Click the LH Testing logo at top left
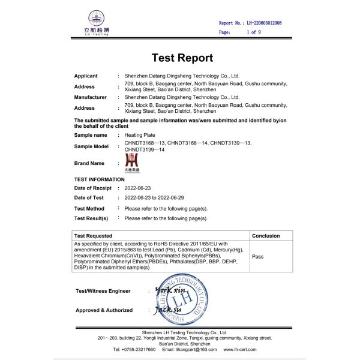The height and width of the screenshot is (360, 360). [x=96, y=24]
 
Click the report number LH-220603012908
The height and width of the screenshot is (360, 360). [x=264, y=23]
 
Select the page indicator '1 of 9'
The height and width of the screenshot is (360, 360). [x=253, y=32]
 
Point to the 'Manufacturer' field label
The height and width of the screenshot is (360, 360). [x=90, y=97]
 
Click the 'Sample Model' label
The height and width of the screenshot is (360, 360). [x=91, y=146]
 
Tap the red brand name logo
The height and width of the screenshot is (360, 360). [x=132, y=161]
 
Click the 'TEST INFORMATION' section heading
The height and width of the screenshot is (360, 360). [x=99, y=179]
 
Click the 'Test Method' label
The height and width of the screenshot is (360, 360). [x=89, y=208]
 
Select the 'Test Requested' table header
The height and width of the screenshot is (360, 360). [x=93, y=236]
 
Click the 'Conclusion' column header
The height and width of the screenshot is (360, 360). [x=266, y=236]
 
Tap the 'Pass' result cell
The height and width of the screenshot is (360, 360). [x=258, y=256]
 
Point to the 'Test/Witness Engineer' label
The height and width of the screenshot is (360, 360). [x=103, y=291]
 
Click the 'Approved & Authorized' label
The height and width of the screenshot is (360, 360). [x=104, y=310]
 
